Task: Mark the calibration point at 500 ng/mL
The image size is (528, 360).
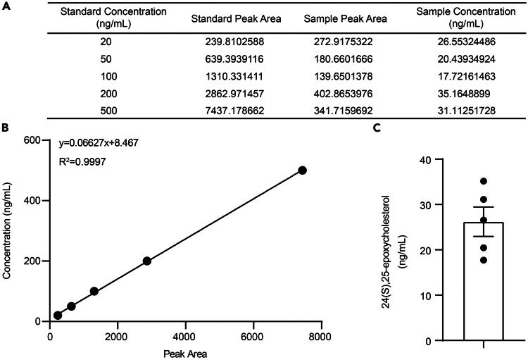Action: (x=303, y=170)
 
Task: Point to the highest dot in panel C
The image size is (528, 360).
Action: (x=484, y=181)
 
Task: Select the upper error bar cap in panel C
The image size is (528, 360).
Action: (x=484, y=207)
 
